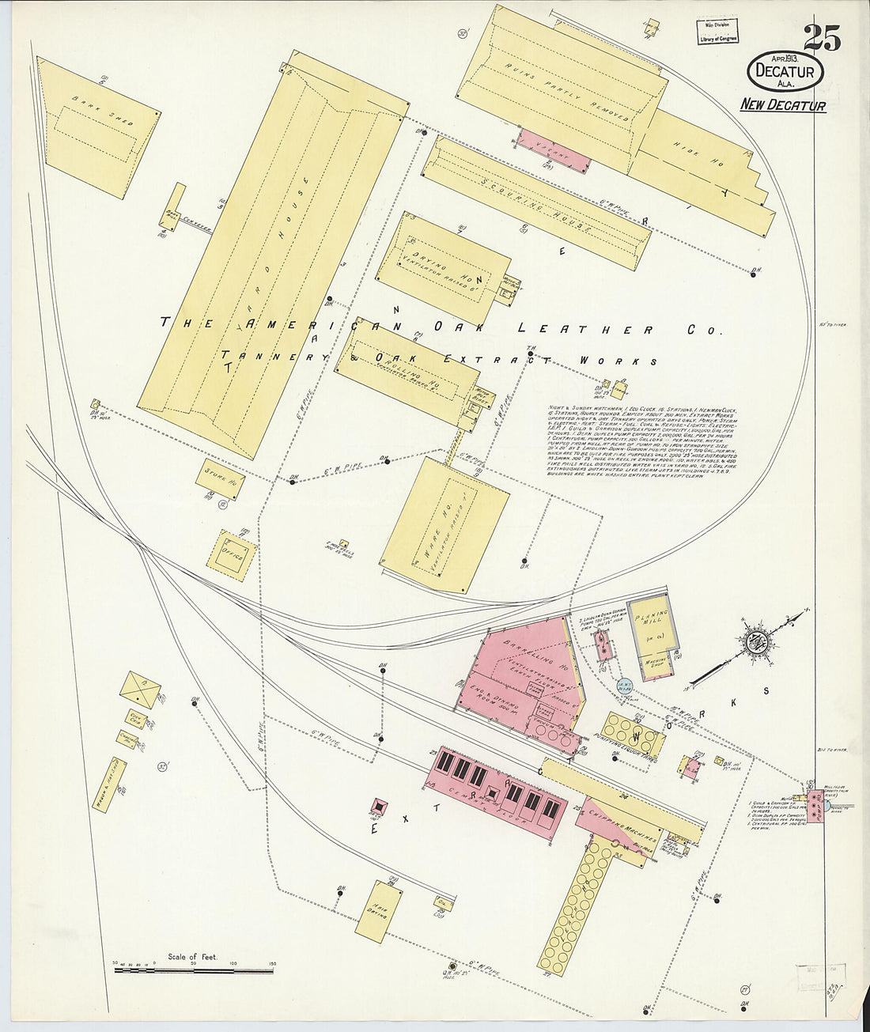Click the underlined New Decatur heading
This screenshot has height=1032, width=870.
point(783,105)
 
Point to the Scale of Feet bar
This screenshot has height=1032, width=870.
point(195,968)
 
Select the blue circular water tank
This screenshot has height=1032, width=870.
point(623,687)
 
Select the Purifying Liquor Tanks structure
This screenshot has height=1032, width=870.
point(634,734)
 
